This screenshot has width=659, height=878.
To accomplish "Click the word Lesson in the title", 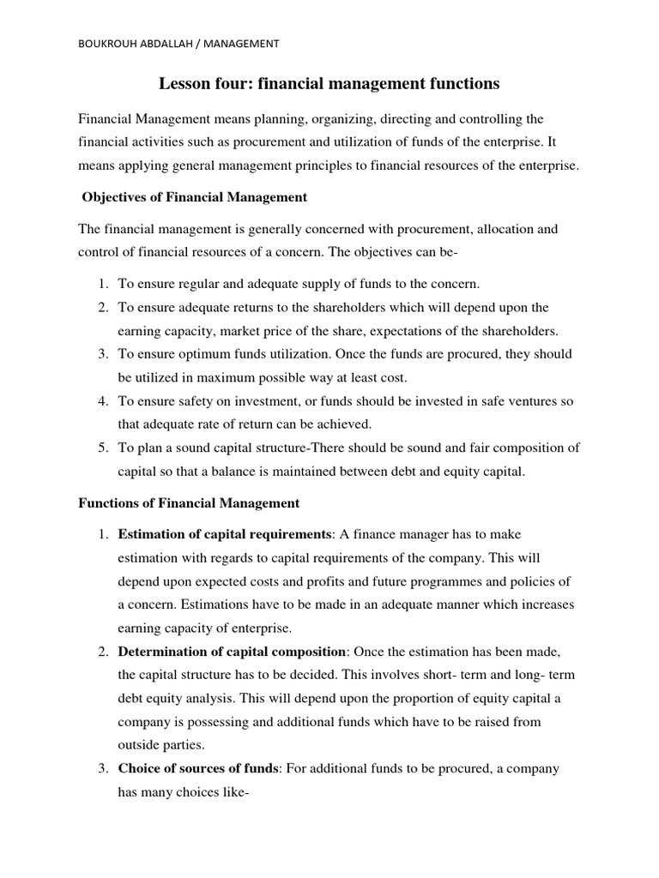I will point(183,84).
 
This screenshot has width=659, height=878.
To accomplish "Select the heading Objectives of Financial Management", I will point(194,197).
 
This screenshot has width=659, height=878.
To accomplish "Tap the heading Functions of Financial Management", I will point(189,502).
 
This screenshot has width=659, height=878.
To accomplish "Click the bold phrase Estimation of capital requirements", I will point(224,535).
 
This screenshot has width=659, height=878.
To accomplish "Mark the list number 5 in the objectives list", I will point(100,448).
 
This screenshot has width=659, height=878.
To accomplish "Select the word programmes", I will point(450,581).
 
